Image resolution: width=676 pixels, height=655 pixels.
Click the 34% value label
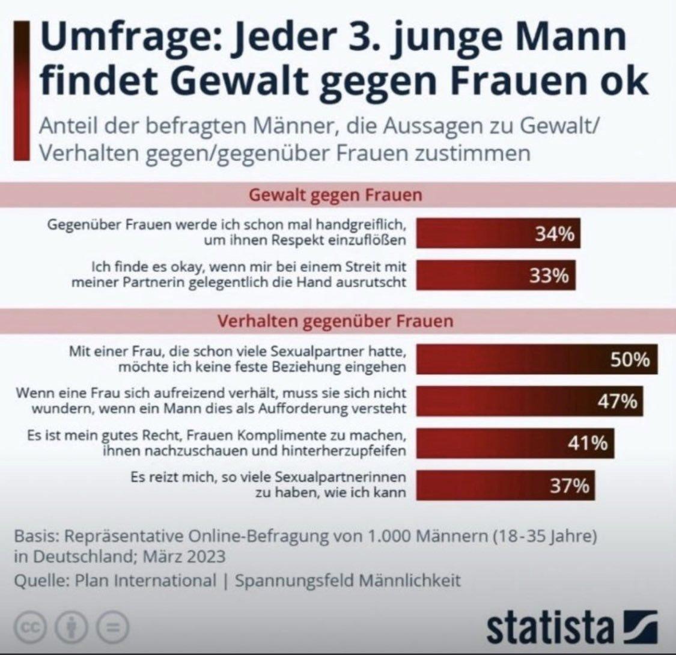point(554,233)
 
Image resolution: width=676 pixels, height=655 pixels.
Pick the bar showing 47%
point(529,401)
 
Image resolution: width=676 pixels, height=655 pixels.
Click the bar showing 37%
point(505,485)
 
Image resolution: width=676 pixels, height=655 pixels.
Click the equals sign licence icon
point(111,629)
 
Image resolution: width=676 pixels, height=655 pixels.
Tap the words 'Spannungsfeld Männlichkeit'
point(348,580)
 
